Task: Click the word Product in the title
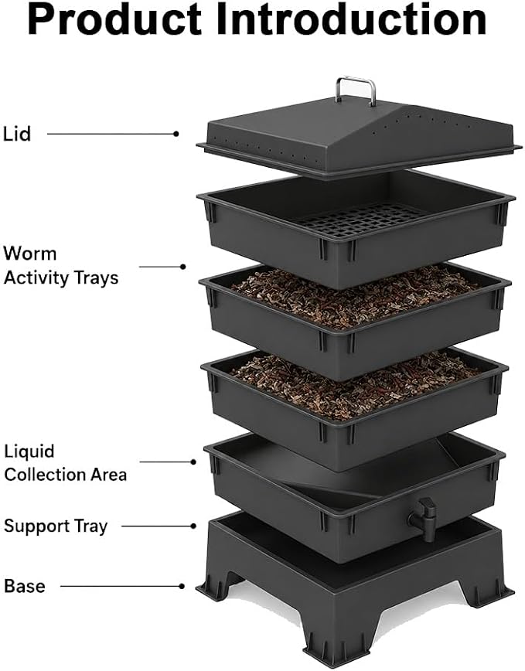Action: click(114, 21)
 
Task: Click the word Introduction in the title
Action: click(351, 19)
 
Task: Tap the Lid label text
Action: click(17, 134)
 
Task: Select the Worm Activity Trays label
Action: click(61, 265)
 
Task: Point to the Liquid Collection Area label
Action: click(65, 463)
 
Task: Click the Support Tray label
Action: click(56, 526)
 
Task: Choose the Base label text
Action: click(25, 586)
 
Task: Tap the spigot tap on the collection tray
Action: click(423, 518)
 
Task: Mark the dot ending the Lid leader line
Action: click(176, 134)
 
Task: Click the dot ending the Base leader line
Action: click(182, 586)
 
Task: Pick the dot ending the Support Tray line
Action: click(193, 526)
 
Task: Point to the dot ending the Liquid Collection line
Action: click(193, 462)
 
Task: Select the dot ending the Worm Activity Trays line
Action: click(182, 267)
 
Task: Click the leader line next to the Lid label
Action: click(111, 134)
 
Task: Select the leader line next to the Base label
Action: click(121, 586)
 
